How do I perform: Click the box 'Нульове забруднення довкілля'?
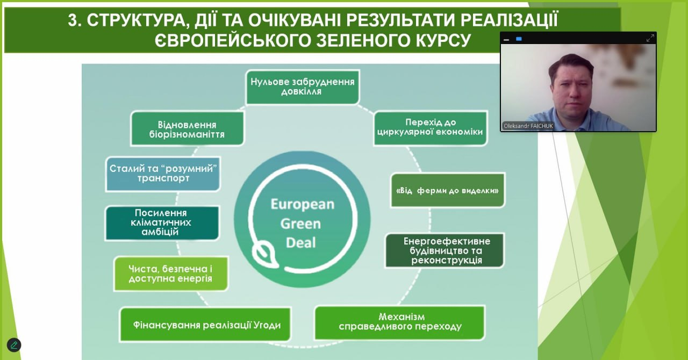[x=303, y=87]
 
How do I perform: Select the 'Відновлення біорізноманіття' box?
[x=187, y=128]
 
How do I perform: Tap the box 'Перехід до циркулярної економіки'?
[x=431, y=128]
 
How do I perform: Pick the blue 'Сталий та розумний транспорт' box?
[x=163, y=174]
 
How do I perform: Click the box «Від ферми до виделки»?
[x=448, y=190]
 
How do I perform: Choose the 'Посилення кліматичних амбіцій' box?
[x=162, y=222]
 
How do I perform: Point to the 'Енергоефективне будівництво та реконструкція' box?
[x=445, y=250]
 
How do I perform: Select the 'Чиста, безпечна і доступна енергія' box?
[x=171, y=273]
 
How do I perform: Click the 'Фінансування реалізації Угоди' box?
[x=205, y=325]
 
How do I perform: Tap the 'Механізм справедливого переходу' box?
[x=400, y=322]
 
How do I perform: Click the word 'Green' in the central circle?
[x=300, y=224]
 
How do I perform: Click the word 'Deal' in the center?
[x=300, y=243]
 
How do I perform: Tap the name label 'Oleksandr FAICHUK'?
[x=528, y=126]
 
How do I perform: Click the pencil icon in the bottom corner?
[x=14, y=345]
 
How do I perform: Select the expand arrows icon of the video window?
[x=650, y=38]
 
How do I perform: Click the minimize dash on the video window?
[x=506, y=40]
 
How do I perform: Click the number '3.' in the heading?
[x=75, y=20]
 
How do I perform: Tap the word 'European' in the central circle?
[x=302, y=205]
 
